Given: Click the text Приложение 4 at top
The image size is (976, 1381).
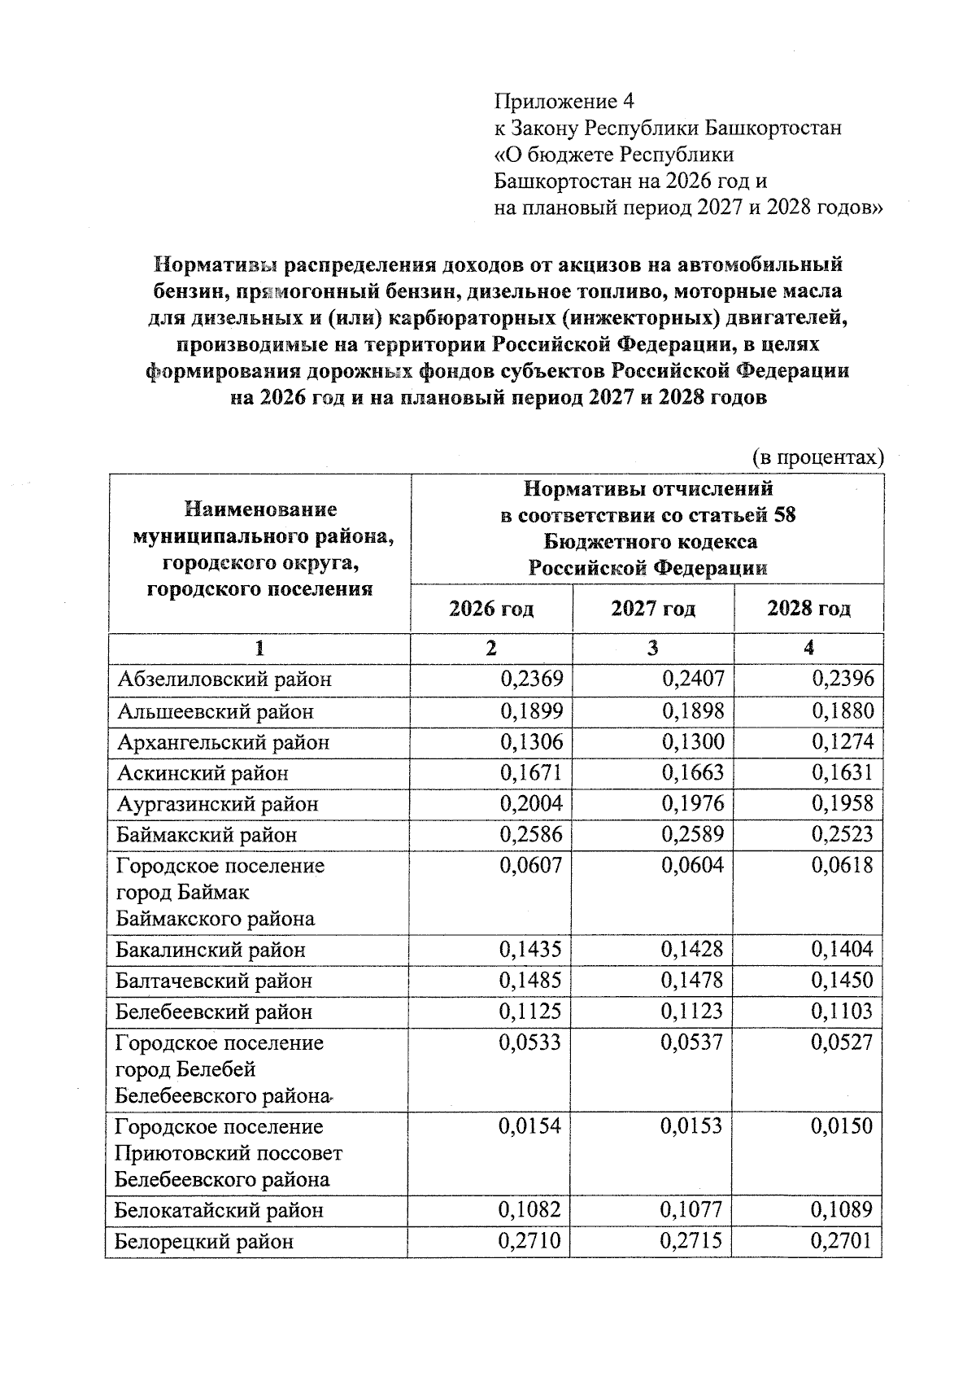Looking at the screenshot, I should (x=564, y=102).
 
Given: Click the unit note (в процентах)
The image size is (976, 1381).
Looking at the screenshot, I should (x=817, y=457).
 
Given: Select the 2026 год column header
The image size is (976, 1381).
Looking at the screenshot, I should (x=491, y=609).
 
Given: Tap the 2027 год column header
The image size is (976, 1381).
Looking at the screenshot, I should (x=653, y=609).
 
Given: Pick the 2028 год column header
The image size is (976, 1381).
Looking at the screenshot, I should (x=808, y=609).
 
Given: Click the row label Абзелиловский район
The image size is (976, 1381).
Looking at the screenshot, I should (x=224, y=680).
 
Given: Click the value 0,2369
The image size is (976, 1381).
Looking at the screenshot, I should (x=531, y=679).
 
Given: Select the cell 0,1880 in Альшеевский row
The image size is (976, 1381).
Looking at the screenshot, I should (x=843, y=711).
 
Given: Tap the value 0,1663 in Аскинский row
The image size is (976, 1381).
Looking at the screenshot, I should (x=692, y=772).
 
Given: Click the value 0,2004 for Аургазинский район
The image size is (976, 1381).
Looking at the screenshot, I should (x=531, y=803).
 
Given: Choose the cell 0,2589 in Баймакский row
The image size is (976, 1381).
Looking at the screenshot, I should (x=692, y=834).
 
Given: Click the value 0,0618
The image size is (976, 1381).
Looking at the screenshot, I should (x=843, y=865).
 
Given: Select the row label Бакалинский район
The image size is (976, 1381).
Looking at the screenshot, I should (x=211, y=950).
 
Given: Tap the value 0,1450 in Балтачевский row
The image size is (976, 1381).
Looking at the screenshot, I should (x=843, y=981).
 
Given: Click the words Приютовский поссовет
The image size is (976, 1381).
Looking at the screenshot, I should (x=229, y=1154).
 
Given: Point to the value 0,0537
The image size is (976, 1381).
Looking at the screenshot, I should (x=692, y=1042).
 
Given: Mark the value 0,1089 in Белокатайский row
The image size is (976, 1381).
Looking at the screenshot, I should (x=843, y=1210).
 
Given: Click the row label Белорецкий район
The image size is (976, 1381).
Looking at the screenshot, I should (x=204, y=1242).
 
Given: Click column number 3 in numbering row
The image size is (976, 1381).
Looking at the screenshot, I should (x=653, y=648).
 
